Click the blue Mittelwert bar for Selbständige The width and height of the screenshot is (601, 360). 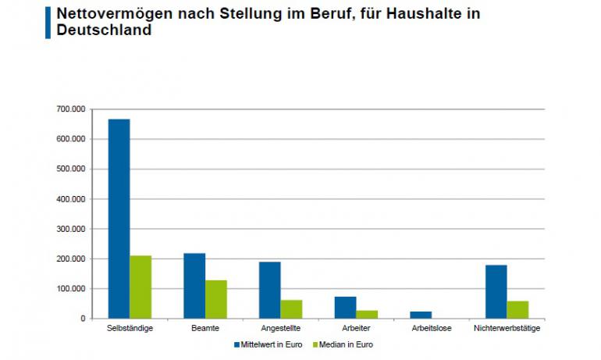(x=119, y=219)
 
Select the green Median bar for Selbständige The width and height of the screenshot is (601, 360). (x=140, y=287)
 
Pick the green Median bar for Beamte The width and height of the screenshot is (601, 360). (x=216, y=299)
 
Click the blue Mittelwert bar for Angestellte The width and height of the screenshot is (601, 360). (x=270, y=290)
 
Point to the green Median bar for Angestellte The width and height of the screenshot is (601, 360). (x=291, y=309)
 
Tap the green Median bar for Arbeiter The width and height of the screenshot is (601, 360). (x=367, y=314)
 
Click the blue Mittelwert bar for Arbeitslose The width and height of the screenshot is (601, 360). (x=421, y=315)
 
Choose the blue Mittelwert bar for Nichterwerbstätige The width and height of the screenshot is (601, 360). (x=496, y=291)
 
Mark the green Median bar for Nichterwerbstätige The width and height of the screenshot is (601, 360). (x=517, y=310)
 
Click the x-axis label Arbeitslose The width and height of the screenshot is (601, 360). (x=431, y=328)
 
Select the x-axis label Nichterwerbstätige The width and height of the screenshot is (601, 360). (x=507, y=328)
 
